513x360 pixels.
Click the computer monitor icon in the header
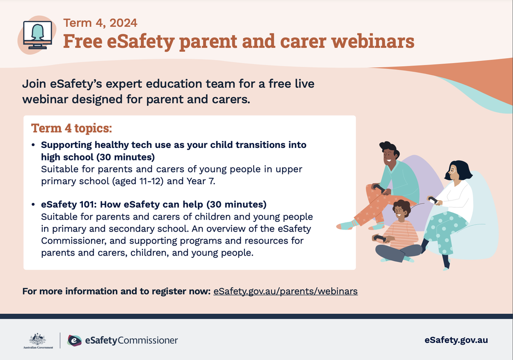(38, 35)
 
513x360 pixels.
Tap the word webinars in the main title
(373, 41)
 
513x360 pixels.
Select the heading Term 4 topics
(71, 128)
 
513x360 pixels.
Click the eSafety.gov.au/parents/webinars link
(286, 291)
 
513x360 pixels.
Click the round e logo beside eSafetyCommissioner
(74, 340)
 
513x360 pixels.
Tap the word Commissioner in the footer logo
(148, 340)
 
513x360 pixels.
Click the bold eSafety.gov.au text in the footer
(456, 340)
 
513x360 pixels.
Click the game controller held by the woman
(433, 200)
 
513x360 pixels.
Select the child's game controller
(380, 238)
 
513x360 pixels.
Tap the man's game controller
(379, 188)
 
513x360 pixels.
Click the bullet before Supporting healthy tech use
(33, 145)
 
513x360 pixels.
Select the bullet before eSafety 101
(33, 204)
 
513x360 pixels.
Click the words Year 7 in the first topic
(201, 181)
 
